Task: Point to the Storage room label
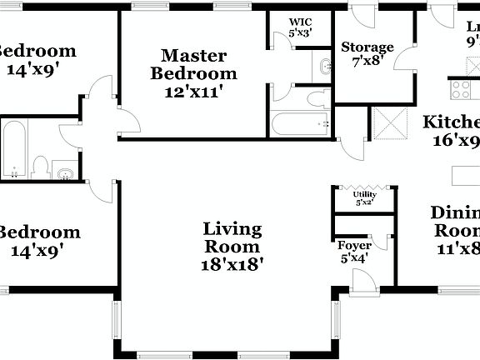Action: click(x=367, y=47)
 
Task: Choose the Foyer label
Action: click(x=353, y=246)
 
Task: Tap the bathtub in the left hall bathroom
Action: click(x=14, y=148)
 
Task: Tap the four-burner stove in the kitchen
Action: click(x=463, y=86)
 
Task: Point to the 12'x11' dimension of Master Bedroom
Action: click(x=194, y=91)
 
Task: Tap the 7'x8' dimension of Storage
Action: click(x=367, y=62)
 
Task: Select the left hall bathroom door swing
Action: click(x=70, y=127)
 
